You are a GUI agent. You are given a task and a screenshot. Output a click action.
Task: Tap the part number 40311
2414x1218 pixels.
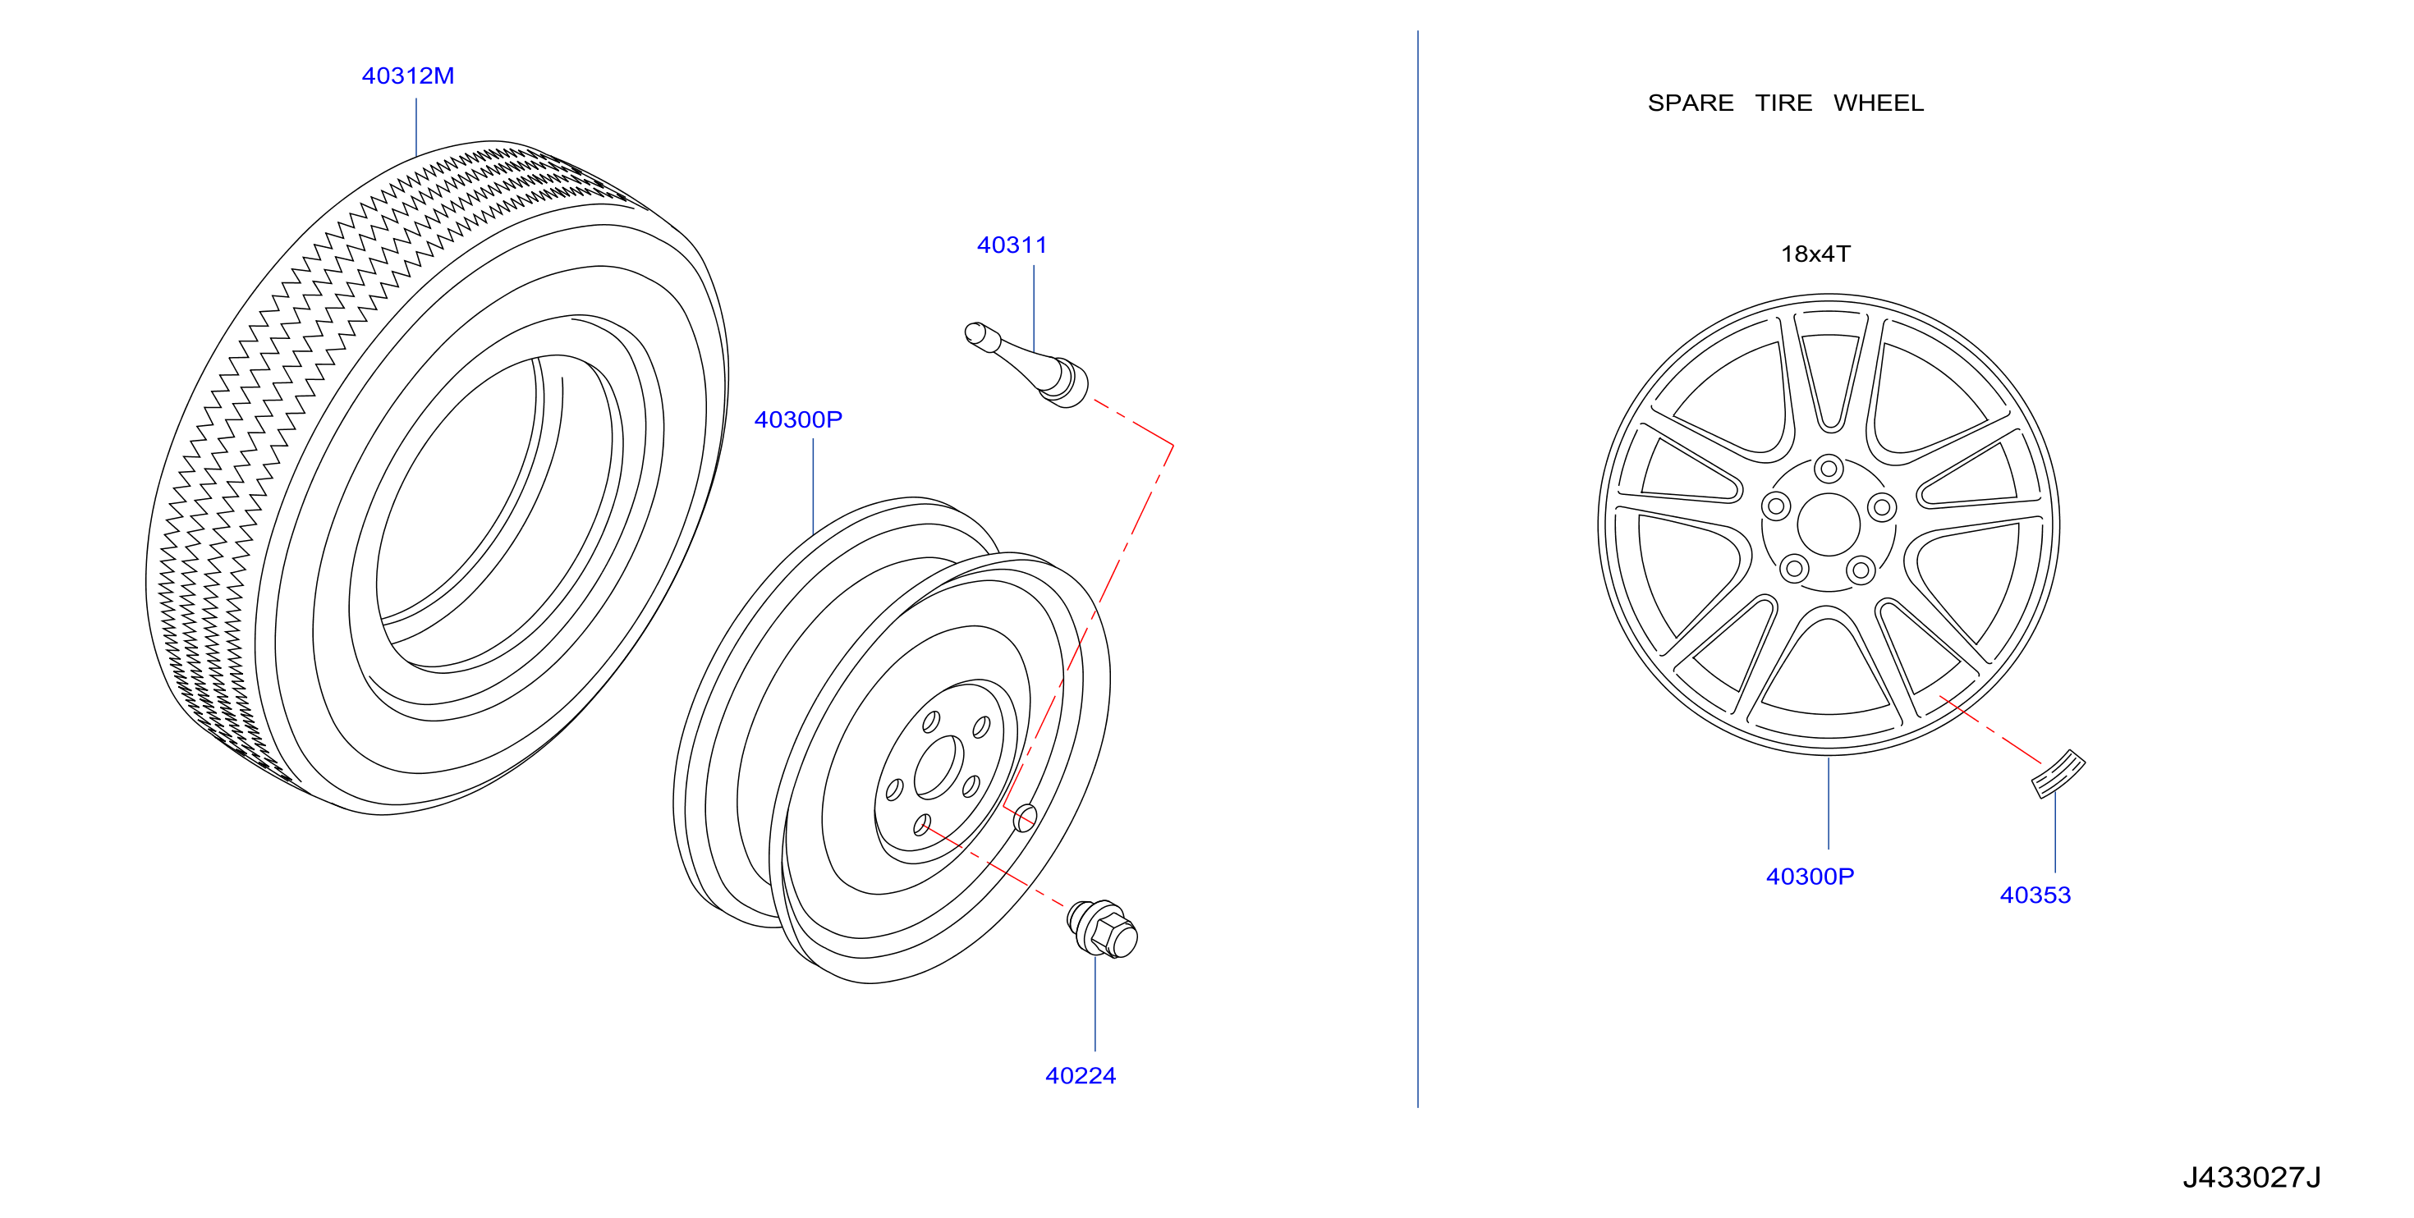[x=1012, y=245]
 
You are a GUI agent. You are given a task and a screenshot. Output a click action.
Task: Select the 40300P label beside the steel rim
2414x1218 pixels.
[x=798, y=419]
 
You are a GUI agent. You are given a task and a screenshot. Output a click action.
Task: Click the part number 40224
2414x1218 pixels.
[x=1081, y=1075]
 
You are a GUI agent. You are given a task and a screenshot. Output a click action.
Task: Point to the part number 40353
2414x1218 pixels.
[x=2035, y=895]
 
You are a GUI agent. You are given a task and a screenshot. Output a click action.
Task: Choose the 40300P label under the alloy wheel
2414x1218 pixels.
[x=1810, y=876]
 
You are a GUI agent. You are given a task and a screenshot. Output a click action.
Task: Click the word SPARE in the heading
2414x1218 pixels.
[x=1691, y=103]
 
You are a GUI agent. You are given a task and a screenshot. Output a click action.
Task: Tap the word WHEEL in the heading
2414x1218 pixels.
[x=1878, y=103]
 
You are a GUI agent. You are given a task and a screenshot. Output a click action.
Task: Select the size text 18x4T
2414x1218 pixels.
[x=1815, y=254]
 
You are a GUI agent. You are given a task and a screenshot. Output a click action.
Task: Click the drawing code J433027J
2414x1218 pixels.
[x=2252, y=1177]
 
